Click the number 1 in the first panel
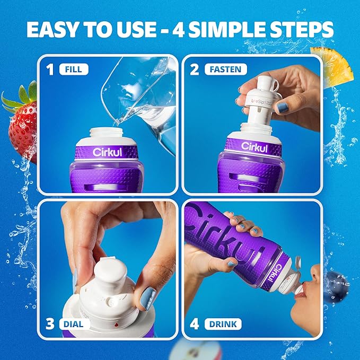click(50, 69)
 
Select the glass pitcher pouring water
click(143, 101)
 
